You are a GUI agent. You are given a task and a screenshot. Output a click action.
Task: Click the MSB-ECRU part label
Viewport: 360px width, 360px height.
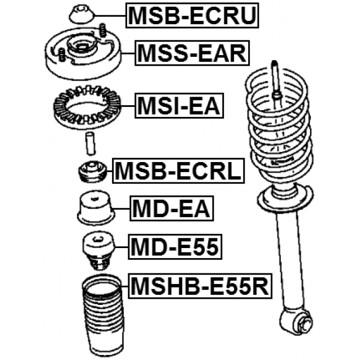coord(193,16)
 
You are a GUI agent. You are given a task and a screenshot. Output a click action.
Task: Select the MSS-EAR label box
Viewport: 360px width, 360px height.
coord(192,54)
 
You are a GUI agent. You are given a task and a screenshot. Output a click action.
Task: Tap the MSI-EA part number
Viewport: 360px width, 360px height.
coord(179,105)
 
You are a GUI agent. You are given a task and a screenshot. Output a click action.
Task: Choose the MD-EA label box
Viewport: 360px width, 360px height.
coord(171,209)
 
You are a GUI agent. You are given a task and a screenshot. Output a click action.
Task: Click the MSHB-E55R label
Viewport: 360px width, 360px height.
coord(200,287)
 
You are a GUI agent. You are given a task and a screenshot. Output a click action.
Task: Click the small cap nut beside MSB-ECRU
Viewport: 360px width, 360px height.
coord(81,14)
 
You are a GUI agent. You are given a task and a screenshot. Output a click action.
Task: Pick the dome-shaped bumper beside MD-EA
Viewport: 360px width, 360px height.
coord(95,209)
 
